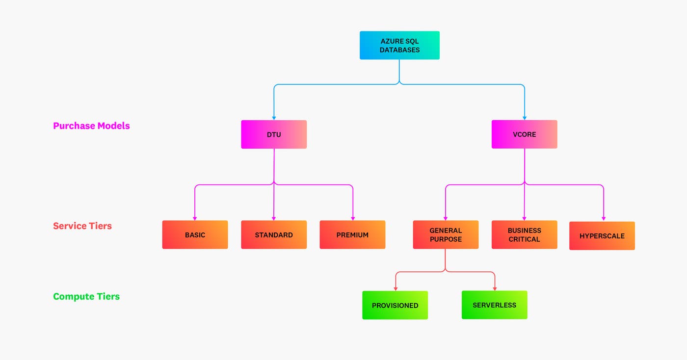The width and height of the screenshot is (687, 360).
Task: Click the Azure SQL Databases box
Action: pos(399,45)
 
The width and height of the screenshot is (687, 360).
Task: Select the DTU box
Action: pos(274,134)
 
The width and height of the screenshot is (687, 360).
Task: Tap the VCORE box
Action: pos(524,134)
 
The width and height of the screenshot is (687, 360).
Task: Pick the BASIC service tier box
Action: pos(195,234)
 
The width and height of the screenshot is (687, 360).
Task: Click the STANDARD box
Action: pos(274,234)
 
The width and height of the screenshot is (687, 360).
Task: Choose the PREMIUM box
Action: pos(352,234)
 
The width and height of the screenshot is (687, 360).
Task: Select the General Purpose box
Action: pos(446,234)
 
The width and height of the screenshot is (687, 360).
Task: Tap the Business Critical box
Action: pos(524,234)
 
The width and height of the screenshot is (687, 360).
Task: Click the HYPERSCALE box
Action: pos(602,236)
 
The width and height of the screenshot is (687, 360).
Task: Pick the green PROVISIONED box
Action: pos(395,305)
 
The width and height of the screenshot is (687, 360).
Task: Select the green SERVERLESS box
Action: pos(494,305)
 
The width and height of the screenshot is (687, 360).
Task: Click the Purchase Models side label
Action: pos(91,126)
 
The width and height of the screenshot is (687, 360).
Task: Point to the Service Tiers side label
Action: pos(82,226)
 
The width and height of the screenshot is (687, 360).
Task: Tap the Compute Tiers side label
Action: pos(86,296)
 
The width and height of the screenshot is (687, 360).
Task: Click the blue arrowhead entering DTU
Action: pos(274,118)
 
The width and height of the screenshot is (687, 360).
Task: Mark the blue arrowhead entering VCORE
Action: pos(524,118)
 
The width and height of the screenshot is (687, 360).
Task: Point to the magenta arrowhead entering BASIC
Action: pos(195,218)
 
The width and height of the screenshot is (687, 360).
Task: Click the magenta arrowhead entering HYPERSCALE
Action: pos(603,219)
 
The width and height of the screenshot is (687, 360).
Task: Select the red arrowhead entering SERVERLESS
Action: pos(494,288)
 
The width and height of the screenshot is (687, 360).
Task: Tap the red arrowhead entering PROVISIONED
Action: pos(396,289)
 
